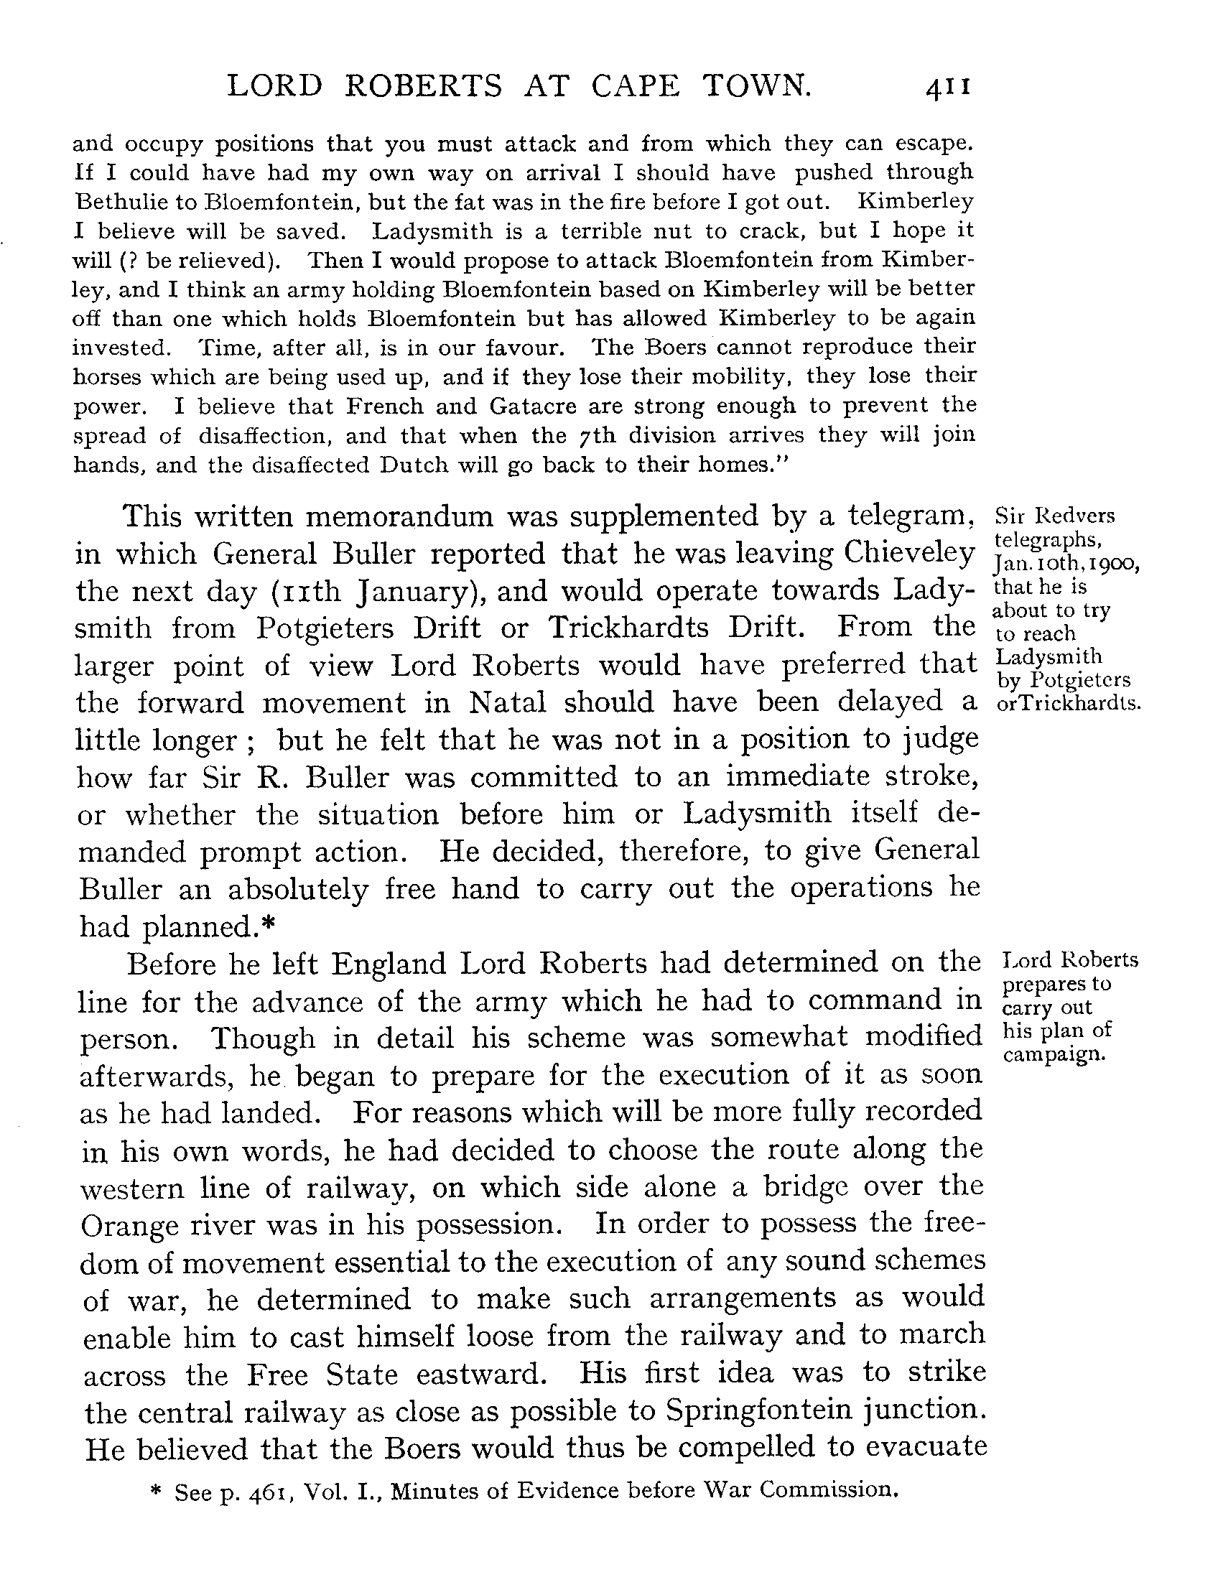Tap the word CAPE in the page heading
634,87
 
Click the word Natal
508,703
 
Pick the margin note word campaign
1054,1054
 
